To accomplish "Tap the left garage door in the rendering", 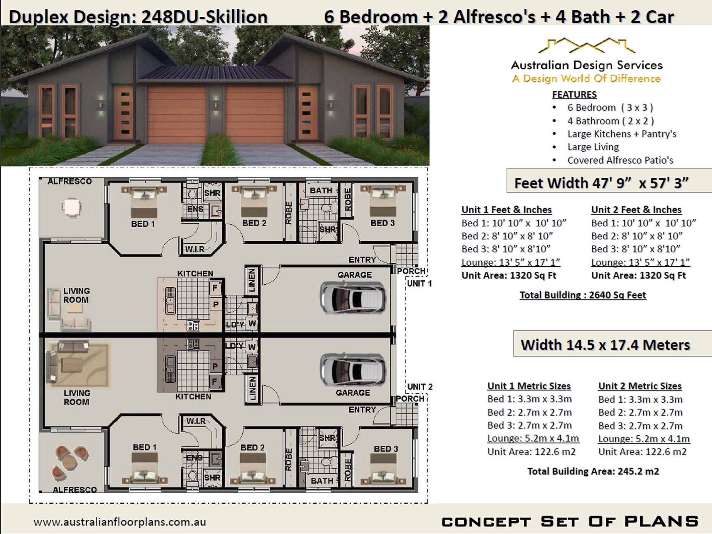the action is (x=177, y=115).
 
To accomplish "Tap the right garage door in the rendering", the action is (x=255, y=115).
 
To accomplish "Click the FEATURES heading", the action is (x=574, y=95).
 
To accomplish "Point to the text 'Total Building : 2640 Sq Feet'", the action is (x=583, y=295).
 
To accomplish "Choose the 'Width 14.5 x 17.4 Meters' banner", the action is (x=612, y=344).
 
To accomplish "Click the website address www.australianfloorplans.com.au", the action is (x=119, y=522).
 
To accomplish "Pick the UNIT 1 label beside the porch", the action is (x=419, y=284).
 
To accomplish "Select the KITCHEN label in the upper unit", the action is (x=195, y=274).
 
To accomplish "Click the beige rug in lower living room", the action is (x=80, y=365).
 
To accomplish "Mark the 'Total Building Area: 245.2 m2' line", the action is (x=593, y=471).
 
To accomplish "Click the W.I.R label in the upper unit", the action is (x=195, y=249).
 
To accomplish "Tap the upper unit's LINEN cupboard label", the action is (x=252, y=280).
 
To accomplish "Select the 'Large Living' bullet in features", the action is (x=593, y=147).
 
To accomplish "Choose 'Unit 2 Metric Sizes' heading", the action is (x=640, y=386).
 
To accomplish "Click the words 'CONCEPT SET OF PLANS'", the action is (x=570, y=522).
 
